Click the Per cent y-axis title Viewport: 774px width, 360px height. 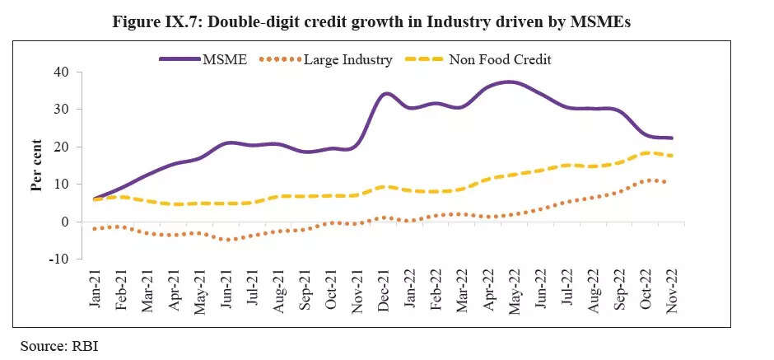37,165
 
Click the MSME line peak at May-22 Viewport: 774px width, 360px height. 511,82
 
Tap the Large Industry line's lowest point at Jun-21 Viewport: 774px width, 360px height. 230,240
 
